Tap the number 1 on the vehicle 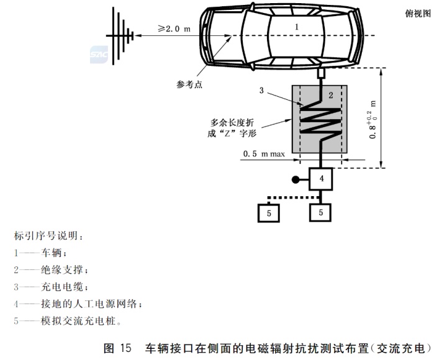click(x=297, y=27)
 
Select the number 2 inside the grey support click(x=331, y=95)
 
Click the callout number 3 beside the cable click(x=263, y=91)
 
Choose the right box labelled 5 click(x=321, y=212)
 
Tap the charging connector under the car click(x=321, y=74)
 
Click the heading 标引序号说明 click(x=47, y=236)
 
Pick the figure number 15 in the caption click(x=124, y=348)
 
